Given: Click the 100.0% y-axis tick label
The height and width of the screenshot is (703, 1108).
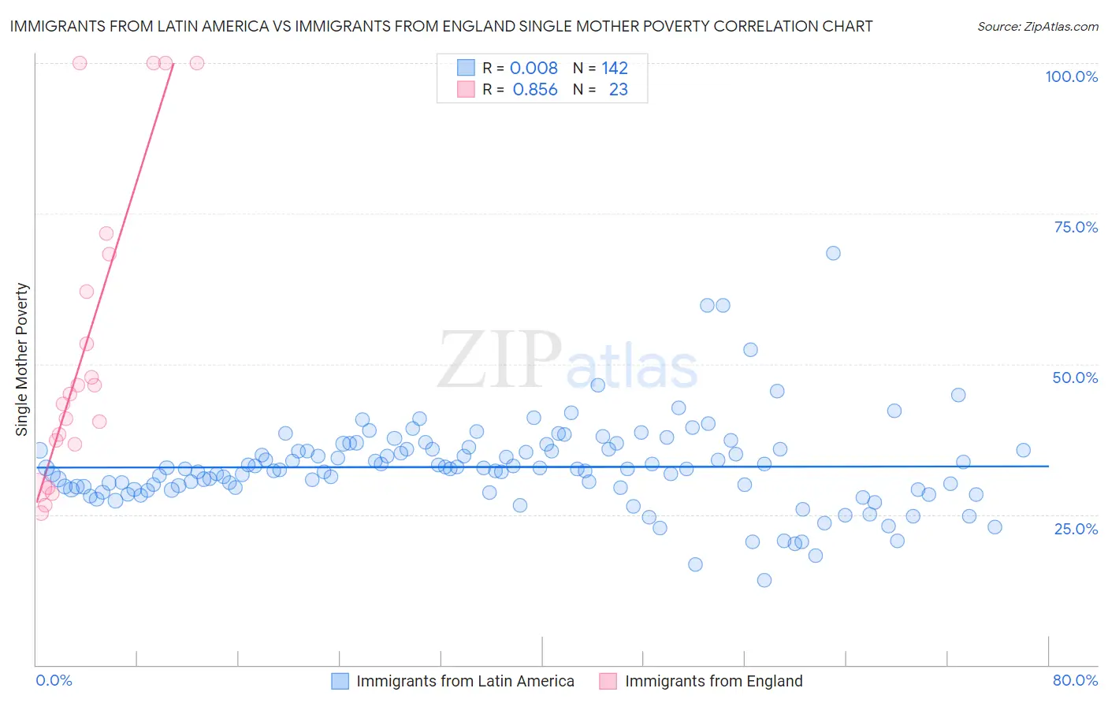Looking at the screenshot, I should coord(1071,76).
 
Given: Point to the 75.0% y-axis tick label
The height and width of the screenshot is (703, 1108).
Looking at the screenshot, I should coord(1076,227).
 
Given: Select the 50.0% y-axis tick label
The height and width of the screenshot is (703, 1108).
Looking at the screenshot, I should coord(1075,378).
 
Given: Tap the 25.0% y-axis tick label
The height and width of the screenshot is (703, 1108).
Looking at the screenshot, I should coord(1076,528).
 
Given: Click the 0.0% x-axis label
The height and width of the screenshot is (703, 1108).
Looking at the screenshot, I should coord(54,680).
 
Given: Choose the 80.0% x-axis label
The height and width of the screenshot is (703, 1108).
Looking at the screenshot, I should coord(1075,680).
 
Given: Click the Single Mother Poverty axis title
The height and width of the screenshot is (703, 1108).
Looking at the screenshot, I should coord(22,359).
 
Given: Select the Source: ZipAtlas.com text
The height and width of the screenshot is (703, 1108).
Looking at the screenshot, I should coord(1037,27).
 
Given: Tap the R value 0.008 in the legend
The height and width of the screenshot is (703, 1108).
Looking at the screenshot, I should coord(534,69).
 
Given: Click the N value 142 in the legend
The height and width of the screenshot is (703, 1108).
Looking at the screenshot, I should coord(615,69).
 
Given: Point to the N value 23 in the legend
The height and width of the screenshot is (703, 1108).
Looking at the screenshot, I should coord(618,90).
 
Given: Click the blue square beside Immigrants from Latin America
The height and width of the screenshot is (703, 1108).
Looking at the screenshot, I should coord(340,681).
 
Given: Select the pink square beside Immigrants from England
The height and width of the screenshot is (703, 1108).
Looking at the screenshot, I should coord(608,681).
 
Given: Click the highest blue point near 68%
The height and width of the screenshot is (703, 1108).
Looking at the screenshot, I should coord(833,253).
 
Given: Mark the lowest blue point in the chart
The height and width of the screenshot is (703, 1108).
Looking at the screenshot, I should coord(764,580).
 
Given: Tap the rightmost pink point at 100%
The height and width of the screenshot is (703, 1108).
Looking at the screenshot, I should coord(197,63).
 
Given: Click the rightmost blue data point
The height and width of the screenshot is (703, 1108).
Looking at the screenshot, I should coord(1023,450).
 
